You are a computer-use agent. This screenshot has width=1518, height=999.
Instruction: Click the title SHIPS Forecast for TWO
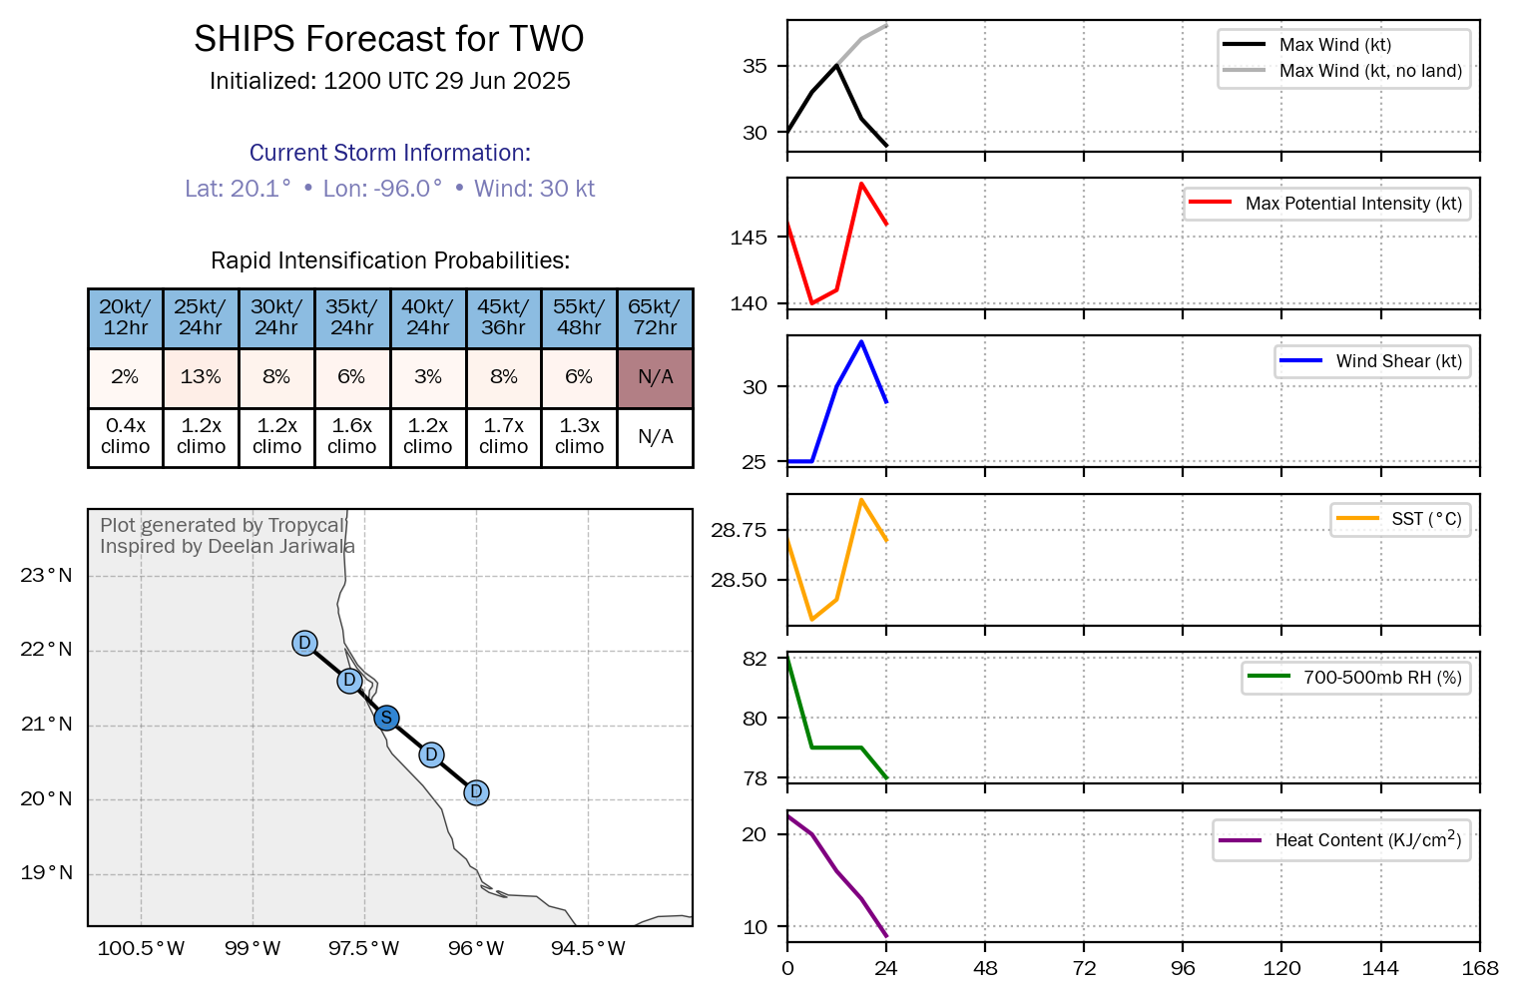388,39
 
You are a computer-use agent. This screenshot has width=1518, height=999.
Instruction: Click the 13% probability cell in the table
201,377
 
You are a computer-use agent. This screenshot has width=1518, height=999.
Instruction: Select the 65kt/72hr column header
655,317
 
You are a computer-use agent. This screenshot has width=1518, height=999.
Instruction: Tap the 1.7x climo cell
503,436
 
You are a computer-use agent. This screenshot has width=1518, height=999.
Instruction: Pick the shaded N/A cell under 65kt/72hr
655,377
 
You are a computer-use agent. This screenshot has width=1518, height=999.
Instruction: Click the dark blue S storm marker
386,718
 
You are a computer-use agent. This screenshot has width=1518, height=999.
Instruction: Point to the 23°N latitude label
47,575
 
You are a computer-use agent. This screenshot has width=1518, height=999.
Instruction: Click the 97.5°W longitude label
363,948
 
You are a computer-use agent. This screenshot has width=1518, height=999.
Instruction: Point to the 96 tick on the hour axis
1183,968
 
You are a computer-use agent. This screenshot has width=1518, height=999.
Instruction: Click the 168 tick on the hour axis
1479,968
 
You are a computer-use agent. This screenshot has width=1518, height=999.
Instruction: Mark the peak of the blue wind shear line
861,341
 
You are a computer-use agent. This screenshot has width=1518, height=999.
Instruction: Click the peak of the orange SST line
861,499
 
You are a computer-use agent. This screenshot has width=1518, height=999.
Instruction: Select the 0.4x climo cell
125,436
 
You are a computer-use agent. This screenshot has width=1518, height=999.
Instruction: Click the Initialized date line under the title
389,81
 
